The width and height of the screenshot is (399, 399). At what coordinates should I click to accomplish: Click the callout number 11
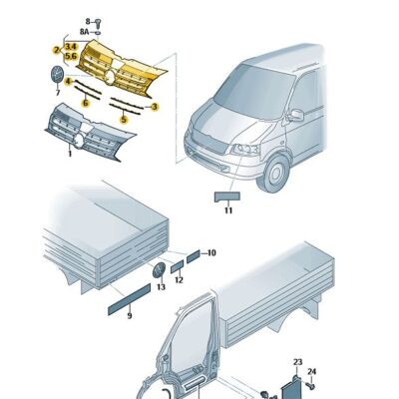[228, 210]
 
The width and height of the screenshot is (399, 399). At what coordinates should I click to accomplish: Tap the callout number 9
[130, 315]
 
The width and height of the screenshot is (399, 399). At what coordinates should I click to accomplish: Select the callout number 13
[161, 286]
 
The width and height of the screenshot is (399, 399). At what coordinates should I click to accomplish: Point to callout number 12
[179, 280]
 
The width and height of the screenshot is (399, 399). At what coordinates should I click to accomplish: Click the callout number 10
[211, 253]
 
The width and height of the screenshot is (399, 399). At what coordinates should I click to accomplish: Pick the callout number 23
[297, 362]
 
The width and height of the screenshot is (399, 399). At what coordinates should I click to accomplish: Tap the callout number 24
[311, 371]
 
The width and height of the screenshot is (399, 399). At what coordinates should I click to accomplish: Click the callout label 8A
[85, 32]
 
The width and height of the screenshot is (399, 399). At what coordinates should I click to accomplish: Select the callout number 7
[58, 93]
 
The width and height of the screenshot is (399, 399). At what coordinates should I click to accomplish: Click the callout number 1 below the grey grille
[70, 154]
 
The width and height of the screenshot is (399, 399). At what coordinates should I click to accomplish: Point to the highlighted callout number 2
[57, 50]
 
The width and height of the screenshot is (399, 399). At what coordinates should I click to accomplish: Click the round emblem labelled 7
[57, 74]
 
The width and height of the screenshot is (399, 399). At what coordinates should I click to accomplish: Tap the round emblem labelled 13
[159, 270]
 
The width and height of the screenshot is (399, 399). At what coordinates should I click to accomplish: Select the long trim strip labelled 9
[130, 299]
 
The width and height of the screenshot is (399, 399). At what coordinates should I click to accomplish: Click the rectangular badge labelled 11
[227, 197]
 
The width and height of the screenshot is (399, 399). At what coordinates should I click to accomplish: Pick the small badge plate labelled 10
[194, 256]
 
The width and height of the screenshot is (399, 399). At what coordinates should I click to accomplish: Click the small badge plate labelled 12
[177, 266]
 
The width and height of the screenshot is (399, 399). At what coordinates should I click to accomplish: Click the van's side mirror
[296, 115]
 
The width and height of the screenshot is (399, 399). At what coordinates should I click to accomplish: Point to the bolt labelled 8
[98, 23]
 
